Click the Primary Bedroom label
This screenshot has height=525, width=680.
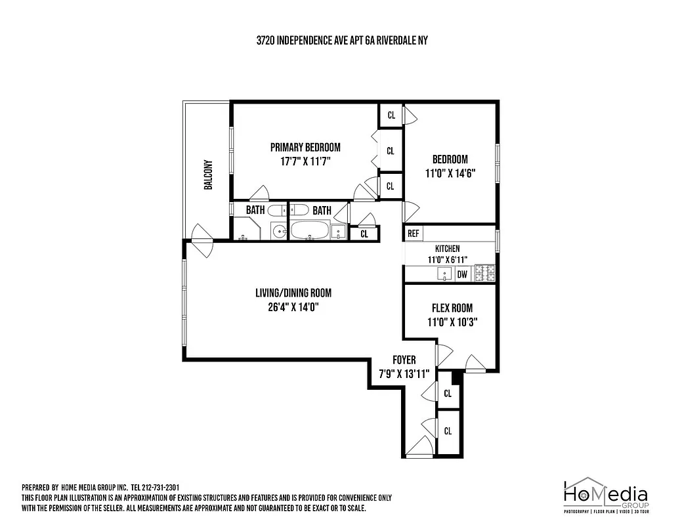(305, 147)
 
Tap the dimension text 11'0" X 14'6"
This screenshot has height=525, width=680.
(450, 173)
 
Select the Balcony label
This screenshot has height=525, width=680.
(208, 175)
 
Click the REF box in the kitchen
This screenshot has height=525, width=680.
(414, 234)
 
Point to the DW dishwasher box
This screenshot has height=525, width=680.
(462, 275)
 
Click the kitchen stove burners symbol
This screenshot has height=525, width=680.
(484, 274)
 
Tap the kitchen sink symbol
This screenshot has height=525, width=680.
(446, 274)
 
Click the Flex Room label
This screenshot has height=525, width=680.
(452, 308)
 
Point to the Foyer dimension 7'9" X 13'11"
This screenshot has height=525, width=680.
(404, 373)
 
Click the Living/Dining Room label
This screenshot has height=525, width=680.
(293, 293)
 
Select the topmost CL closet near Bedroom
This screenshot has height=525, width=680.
(391, 115)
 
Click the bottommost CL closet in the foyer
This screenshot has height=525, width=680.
(448, 431)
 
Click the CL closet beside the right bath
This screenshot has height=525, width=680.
(364, 233)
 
